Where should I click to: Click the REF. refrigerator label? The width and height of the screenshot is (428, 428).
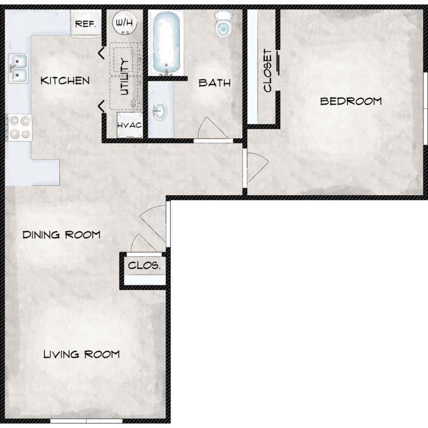(x=86, y=24)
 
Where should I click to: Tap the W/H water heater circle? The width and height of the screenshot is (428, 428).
(x=124, y=23)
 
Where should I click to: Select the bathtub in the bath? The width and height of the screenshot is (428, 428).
(x=166, y=42)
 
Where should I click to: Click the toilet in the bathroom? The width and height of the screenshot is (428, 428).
(x=223, y=24)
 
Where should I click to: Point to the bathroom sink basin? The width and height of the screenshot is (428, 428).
(x=159, y=111)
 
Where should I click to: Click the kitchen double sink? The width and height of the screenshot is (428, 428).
(x=18, y=68)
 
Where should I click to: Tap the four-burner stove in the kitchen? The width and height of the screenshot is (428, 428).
(x=19, y=127)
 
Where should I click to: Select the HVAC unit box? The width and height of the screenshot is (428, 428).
(x=130, y=125)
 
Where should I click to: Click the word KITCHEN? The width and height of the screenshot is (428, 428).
(x=65, y=80)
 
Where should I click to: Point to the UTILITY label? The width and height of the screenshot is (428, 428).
(x=124, y=77)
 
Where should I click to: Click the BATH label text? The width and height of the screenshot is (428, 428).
(x=215, y=83)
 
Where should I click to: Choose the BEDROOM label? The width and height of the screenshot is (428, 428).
(x=351, y=101)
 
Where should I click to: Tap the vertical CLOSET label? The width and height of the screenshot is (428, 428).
(x=268, y=70)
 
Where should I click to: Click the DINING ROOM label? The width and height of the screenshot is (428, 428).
(x=62, y=235)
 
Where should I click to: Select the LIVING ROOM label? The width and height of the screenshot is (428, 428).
(x=82, y=354)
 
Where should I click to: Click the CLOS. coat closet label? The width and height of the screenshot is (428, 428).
(x=144, y=265)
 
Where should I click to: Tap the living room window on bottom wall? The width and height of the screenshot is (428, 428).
(x=86, y=421)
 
